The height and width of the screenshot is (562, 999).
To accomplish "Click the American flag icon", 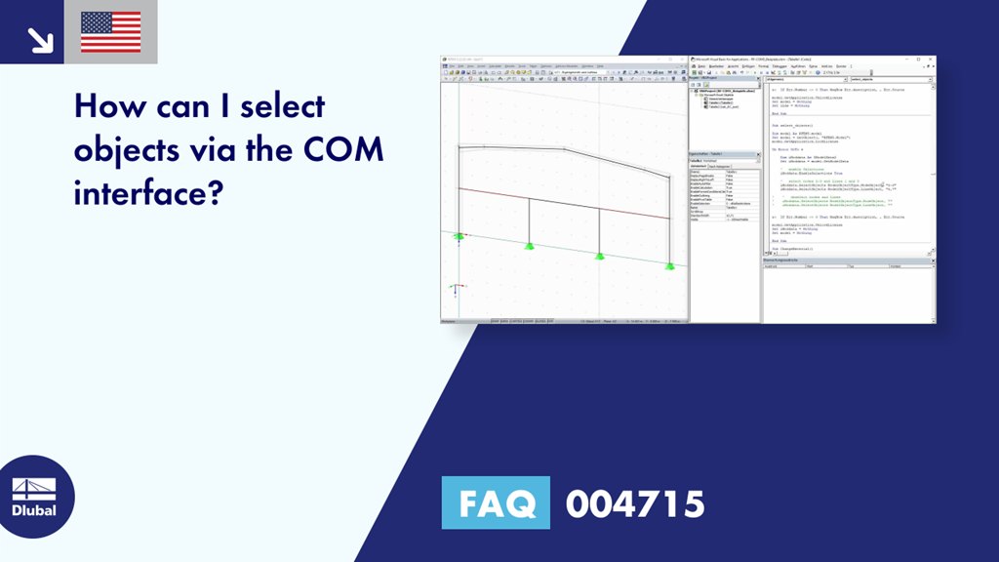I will click(110, 32).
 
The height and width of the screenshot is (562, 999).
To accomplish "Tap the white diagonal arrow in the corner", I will click(40, 40).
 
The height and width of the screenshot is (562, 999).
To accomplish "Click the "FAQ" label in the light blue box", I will click(496, 503).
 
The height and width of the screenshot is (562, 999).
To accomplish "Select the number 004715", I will click(635, 503).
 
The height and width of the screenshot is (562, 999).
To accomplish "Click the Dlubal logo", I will click(34, 498).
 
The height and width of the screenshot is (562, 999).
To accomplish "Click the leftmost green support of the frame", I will click(459, 236).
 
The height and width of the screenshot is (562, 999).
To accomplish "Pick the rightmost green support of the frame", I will click(669, 264).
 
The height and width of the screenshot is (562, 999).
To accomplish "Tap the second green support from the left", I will click(528, 245).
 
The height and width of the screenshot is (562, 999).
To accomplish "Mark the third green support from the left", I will click(598, 255).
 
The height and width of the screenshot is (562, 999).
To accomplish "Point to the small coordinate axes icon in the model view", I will click(456, 289).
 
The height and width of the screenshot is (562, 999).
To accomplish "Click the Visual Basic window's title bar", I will click(810, 60).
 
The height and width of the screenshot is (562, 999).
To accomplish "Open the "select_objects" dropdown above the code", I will click(891, 79).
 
